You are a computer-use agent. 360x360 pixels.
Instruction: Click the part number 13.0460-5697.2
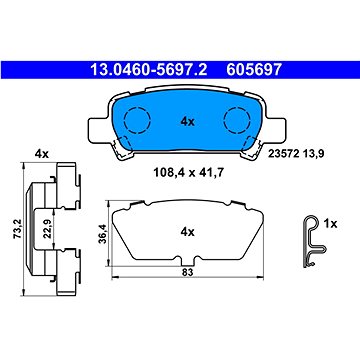click(149, 70)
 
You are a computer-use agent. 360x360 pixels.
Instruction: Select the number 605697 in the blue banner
click(254, 70)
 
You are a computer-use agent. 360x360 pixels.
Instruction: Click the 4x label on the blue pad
click(187, 122)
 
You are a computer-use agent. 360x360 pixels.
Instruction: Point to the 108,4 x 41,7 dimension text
click(188, 173)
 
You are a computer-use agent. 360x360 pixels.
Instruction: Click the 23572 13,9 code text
click(296, 153)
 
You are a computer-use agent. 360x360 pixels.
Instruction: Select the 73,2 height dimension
click(18, 228)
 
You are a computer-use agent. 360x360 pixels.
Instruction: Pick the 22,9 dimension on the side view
click(47, 229)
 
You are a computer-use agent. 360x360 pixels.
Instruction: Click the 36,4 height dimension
click(102, 233)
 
